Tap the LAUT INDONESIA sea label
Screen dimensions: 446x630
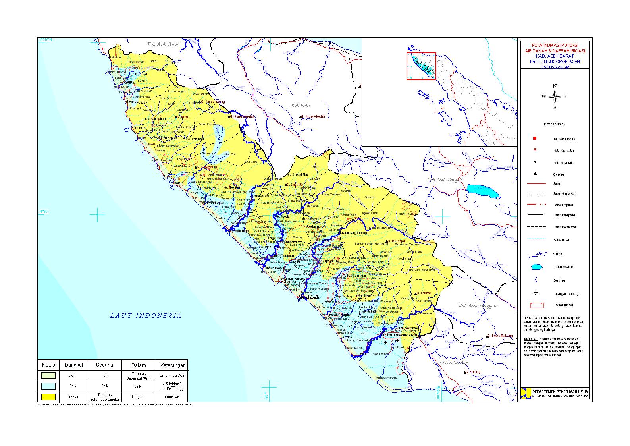[146, 316]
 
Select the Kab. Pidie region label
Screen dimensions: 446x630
[301, 106]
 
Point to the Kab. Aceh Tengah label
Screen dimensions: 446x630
[445, 180]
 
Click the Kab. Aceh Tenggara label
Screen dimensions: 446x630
[478, 306]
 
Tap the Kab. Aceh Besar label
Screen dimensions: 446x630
[163, 44]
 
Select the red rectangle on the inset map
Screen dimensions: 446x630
[421, 66]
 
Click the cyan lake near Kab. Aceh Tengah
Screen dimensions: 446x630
[482, 191]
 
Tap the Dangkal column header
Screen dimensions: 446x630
[73, 365]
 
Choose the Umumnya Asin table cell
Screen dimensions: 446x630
[172, 375]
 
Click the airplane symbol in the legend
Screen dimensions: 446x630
[536, 293]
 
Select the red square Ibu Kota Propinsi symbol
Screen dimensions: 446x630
[535, 138]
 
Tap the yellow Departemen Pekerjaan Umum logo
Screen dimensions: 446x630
[526, 393]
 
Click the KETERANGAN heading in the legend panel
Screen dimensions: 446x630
[554, 124]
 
